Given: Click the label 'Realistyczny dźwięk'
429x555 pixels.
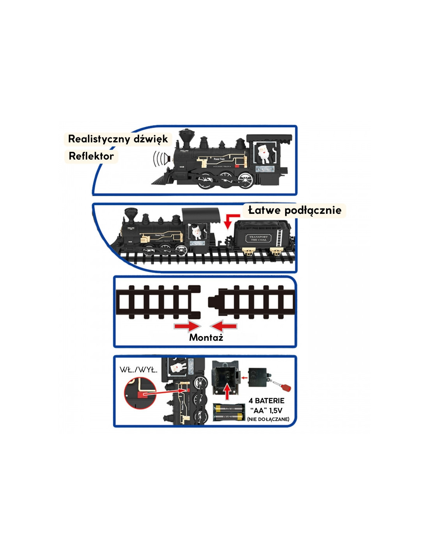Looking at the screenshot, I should point(117,139).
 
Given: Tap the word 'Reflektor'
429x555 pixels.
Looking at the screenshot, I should point(91,156).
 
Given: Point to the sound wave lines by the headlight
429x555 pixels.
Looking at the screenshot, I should point(158,158).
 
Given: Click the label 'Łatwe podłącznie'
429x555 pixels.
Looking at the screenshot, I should point(294,210).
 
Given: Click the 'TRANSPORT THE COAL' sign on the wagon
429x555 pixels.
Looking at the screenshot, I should point(258,238).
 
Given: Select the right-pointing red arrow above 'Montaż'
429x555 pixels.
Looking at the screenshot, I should point(187,326).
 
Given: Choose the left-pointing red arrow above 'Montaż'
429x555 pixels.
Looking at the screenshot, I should point(224,326).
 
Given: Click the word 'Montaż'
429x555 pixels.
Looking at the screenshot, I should point(206,338).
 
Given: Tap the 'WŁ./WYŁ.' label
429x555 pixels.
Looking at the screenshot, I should point(138,370).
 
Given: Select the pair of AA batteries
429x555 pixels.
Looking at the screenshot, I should point(229,413).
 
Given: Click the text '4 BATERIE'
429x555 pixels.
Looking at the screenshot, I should point(267,401).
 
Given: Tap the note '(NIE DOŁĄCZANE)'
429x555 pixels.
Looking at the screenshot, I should point(268,419).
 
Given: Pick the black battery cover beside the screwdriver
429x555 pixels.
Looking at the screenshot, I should point(258,377).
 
